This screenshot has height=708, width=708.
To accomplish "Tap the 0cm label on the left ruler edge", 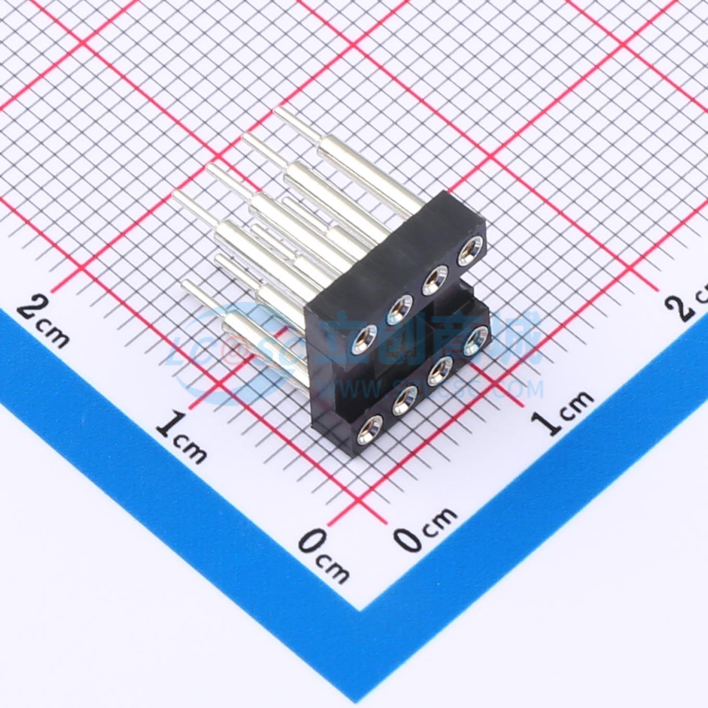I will [323, 556].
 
